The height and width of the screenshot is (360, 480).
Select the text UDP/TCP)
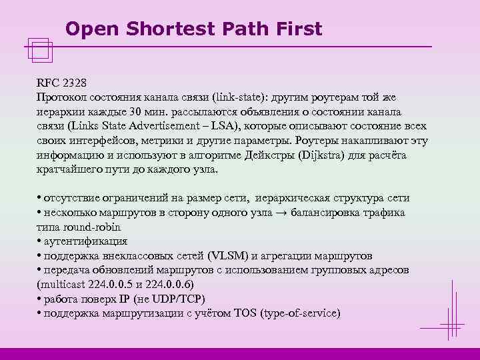coord(180,299)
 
